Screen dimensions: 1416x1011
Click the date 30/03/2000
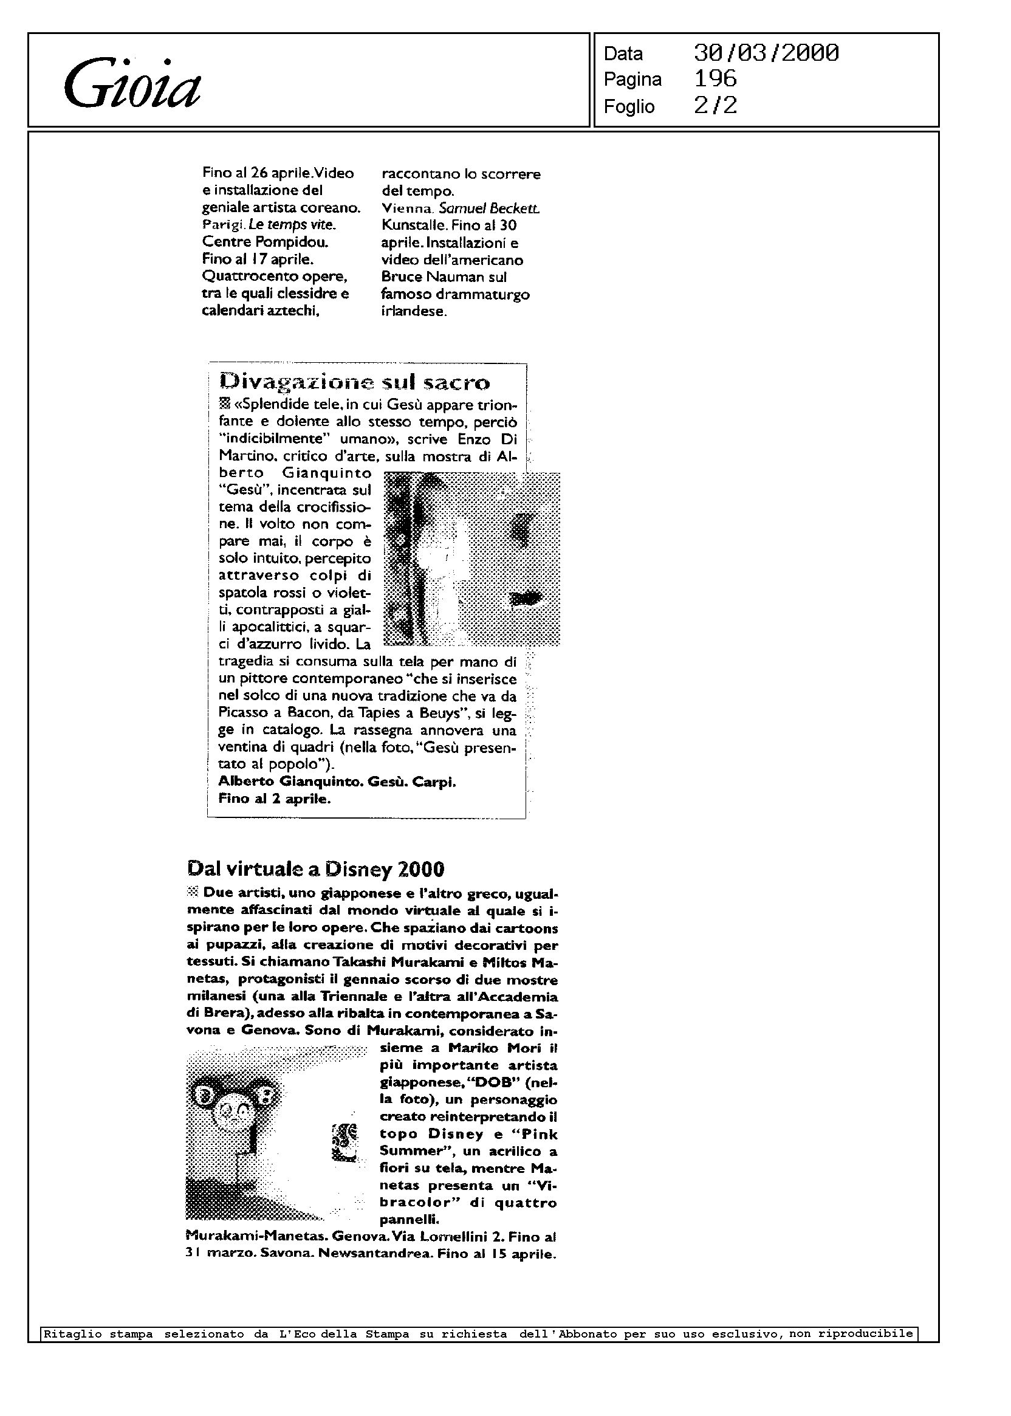click(x=766, y=53)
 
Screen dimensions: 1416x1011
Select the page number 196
click(x=715, y=79)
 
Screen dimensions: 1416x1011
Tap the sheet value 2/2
click(x=715, y=105)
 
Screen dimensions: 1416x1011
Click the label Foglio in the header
click(x=629, y=106)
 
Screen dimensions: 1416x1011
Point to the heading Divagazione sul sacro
click(x=355, y=382)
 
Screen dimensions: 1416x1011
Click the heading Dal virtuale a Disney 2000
click(x=315, y=868)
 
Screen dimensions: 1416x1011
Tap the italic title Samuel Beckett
click(x=489, y=208)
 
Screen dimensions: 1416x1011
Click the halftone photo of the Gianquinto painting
click(x=472, y=558)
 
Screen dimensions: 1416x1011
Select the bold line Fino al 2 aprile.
click(x=274, y=799)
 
